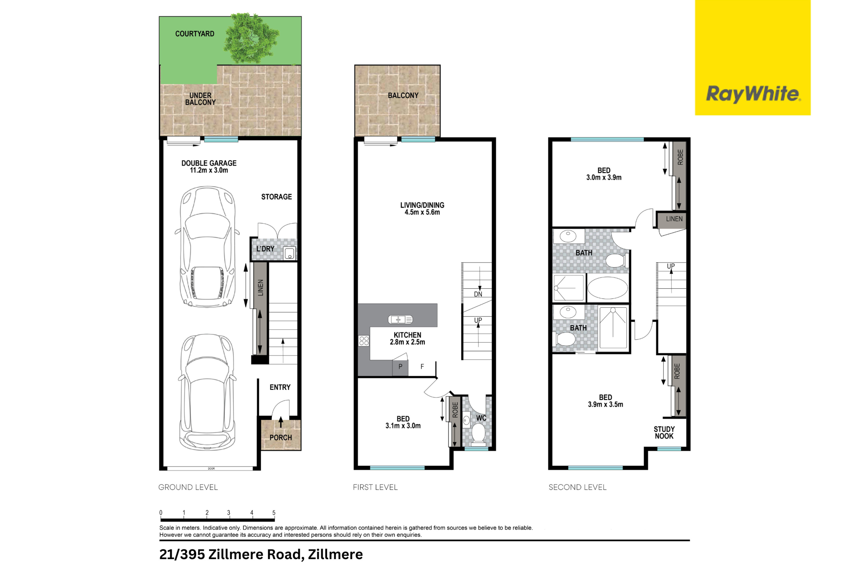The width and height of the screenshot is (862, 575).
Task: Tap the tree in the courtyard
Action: (x=252, y=39)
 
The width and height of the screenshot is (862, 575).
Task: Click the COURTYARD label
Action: (x=195, y=34)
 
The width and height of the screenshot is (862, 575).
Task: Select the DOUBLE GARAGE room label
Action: (x=209, y=163)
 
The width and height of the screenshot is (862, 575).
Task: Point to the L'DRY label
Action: (x=265, y=249)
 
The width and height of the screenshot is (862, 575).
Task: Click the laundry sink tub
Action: (x=290, y=253)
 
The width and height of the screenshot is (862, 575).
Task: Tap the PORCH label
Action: (x=281, y=437)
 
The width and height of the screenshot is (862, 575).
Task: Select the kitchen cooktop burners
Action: (x=364, y=341)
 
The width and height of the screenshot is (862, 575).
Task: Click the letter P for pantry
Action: (x=400, y=366)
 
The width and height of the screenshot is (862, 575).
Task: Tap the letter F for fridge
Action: (x=422, y=366)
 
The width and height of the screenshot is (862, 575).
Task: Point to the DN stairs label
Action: (x=478, y=294)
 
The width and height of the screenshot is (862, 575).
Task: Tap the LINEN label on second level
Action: (x=674, y=219)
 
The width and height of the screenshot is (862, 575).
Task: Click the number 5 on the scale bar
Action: (x=274, y=513)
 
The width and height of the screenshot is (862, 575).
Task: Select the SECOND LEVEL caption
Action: (x=577, y=487)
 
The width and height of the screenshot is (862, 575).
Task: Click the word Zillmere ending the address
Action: (x=335, y=554)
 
